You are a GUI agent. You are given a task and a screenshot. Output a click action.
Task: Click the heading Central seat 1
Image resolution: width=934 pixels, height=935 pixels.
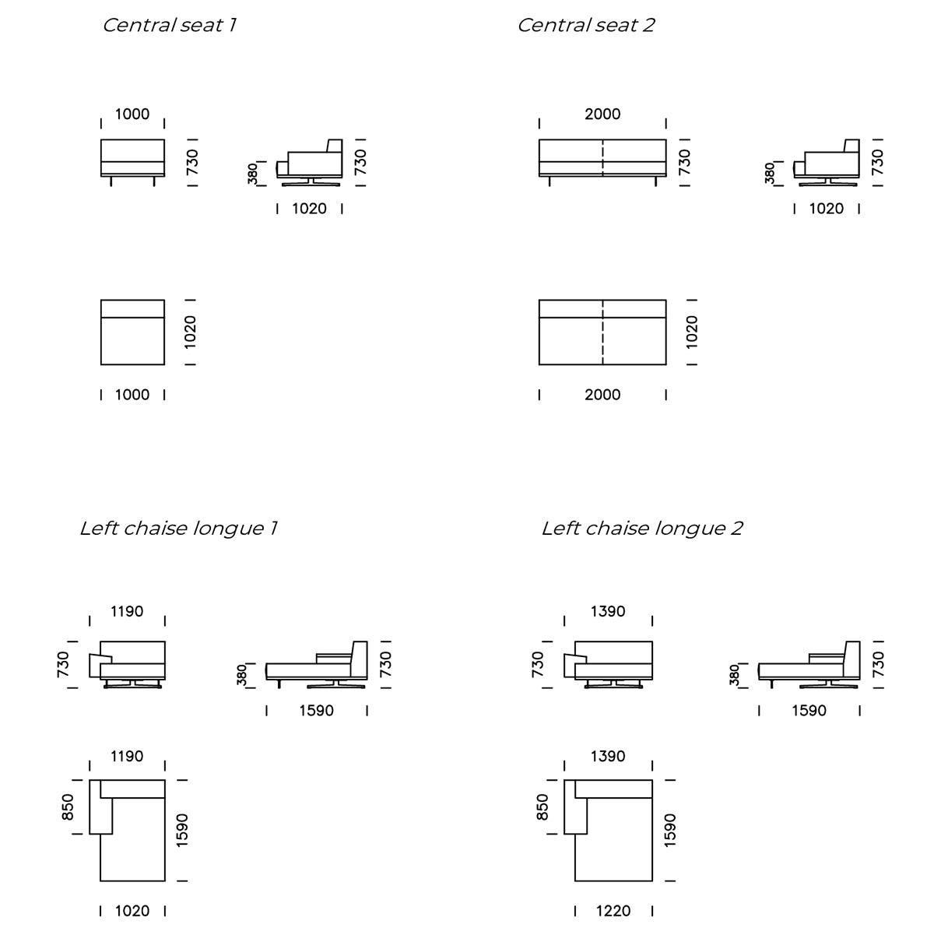(170, 25)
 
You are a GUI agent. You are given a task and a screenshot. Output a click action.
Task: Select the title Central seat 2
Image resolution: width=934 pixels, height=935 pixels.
(585, 25)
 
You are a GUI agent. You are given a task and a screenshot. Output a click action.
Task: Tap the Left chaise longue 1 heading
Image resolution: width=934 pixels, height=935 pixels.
(178, 529)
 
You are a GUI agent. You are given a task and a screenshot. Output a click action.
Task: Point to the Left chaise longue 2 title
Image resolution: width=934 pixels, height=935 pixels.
(641, 529)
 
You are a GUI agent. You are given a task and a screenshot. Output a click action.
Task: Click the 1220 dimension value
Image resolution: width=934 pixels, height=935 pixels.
(613, 911)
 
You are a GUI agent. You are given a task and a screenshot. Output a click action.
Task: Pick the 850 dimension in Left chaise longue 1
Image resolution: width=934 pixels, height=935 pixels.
(68, 807)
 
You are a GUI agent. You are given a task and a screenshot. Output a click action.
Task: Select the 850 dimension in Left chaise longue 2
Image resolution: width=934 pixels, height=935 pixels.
(543, 807)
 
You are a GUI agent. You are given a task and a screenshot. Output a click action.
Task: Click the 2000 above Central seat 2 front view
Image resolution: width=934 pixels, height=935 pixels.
(602, 114)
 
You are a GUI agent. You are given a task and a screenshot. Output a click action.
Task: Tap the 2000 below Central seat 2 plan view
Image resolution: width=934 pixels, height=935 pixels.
(602, 395)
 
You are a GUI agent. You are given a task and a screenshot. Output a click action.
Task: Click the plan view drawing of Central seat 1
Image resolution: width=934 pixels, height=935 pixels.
(132, 332)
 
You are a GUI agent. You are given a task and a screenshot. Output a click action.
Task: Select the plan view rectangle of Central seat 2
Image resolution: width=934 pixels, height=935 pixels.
(602, 332)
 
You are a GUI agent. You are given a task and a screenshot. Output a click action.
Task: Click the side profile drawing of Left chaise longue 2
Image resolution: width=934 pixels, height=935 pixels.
(809, 666)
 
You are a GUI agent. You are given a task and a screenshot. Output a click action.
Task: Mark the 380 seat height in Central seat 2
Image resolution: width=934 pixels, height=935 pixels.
(770, 174)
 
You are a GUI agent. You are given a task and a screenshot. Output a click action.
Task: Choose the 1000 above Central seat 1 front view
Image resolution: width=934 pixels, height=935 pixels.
(132, 114)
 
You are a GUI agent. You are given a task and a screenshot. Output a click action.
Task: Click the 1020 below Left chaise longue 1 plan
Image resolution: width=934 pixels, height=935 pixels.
(132, 911)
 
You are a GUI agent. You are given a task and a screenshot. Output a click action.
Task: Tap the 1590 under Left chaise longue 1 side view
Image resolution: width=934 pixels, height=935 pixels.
(316, 711)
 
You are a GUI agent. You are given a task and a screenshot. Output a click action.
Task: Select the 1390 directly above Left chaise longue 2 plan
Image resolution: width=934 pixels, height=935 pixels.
(608, 757)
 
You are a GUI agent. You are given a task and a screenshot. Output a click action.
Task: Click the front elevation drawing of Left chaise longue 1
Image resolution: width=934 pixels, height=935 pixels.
(129, 664)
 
